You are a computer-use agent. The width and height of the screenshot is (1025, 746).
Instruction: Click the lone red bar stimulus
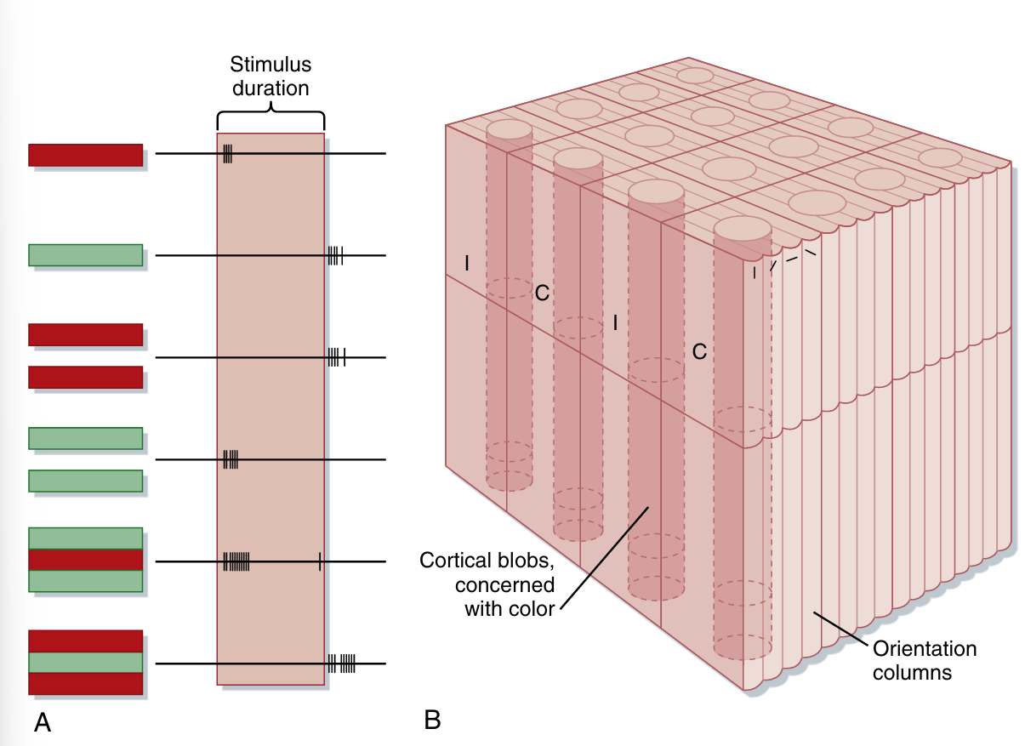click(x=85, y=155)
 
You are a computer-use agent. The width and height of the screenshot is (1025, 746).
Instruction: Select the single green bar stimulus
click(x=85, y=255)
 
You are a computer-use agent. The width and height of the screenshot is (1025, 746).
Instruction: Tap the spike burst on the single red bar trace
click(x=227, y=154)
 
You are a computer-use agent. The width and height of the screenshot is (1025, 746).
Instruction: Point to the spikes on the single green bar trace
click(x=335, y=255)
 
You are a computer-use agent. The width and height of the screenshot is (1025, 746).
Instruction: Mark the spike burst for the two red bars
click(x=336, y=357)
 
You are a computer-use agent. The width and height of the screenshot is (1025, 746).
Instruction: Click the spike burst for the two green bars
click(x=231, y=459)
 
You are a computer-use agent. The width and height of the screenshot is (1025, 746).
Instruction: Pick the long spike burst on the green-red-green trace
click(x=236, y=561)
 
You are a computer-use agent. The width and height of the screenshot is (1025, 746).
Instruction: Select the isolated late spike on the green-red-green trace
click(x=320, y=561)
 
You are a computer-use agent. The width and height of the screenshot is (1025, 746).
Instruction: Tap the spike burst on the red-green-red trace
click(x=342, y=663)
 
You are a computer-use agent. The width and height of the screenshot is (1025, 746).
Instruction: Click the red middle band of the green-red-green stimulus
click(x=85, y=560)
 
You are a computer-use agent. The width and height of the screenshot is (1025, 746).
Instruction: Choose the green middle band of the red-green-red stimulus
click(x=85, y=663)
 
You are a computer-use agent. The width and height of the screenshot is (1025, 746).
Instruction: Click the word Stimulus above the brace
click(x=270, y=65)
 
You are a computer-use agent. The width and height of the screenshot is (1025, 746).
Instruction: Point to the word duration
click(x=270, y=87)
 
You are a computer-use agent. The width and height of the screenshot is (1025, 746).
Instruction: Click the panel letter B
click(x=432, y=720)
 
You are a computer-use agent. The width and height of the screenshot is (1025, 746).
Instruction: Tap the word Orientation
click(x=925, y=650)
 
